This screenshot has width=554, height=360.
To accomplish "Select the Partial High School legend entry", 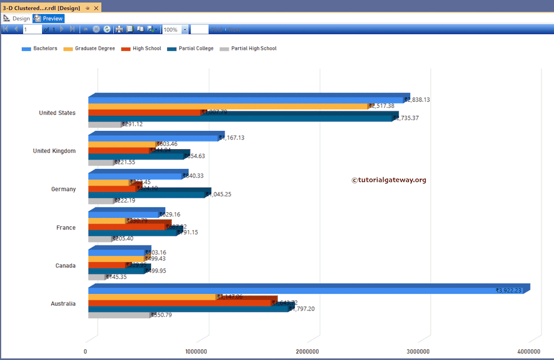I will tap(248, 49).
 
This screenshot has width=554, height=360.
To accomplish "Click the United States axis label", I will tap(57, 113).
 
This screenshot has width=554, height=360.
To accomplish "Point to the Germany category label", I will tap(63, 189).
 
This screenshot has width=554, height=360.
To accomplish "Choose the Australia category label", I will tap(63, 304).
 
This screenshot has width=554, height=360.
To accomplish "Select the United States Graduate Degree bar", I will tap(227, 106).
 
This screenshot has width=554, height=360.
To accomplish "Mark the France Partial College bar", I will tap(132, 233).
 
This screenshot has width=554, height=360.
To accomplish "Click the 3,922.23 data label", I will tap(509, 291).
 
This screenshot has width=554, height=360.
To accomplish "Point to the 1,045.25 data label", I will tap(219, 194).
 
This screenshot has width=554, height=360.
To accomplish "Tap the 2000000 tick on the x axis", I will tap(307, 351).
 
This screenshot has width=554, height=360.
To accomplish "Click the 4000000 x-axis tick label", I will tap(529, 351).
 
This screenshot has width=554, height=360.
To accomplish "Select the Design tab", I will tap(17, 18).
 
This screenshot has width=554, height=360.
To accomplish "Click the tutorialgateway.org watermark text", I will tap(389, 180).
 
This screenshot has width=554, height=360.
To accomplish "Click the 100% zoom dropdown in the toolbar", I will tap(185, 30).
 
